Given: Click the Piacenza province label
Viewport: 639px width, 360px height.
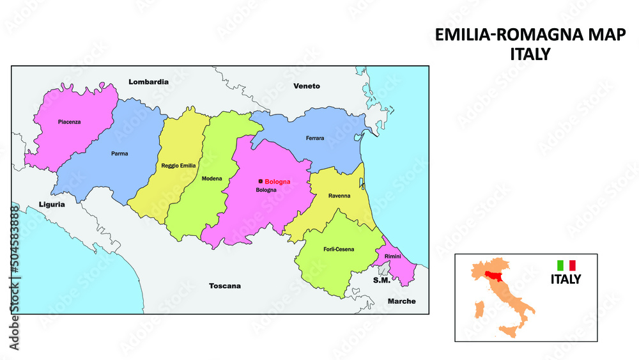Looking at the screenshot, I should (x=69, y=121).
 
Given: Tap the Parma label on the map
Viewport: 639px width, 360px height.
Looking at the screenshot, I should (x=119, y=153).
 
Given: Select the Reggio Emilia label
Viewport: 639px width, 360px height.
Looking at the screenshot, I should (x=178, y=166).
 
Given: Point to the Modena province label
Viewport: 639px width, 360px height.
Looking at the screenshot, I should (x=211, y=178).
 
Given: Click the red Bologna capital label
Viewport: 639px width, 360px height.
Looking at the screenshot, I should (x=277, y=182).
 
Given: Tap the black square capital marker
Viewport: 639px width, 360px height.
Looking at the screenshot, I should (x=261, y=182).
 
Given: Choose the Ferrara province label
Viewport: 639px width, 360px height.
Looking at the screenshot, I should (x=315, y=138).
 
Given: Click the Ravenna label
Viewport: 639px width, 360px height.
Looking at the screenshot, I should (x=339, y=196).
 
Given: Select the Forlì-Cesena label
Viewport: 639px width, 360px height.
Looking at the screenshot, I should (x=339, y=249).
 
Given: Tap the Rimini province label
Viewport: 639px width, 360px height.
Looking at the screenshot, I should (x=393, y=256).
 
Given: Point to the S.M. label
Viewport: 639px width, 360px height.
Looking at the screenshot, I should (x=381, y=280).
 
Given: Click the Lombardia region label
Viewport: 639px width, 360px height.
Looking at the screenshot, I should (x=148, y=82).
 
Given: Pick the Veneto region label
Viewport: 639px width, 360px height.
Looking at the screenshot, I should (x=307, y=86).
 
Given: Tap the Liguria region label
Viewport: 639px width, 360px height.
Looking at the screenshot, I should (x=51, y=205).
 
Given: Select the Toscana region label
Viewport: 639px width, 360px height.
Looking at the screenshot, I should (x=226, y=286).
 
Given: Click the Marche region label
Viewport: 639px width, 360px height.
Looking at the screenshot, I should (x=401, y=301).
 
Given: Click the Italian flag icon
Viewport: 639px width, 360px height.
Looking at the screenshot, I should (x=567, y=265).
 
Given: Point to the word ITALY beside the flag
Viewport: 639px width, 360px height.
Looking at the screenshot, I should (x=566, y=279).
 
